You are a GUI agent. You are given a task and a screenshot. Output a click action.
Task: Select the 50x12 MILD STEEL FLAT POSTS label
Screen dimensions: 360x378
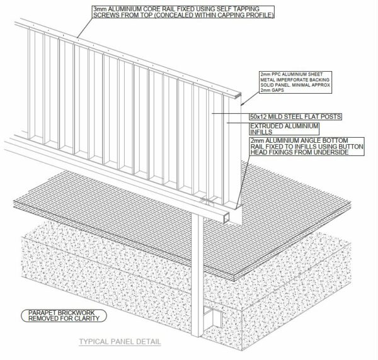click(x=295, y=116)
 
